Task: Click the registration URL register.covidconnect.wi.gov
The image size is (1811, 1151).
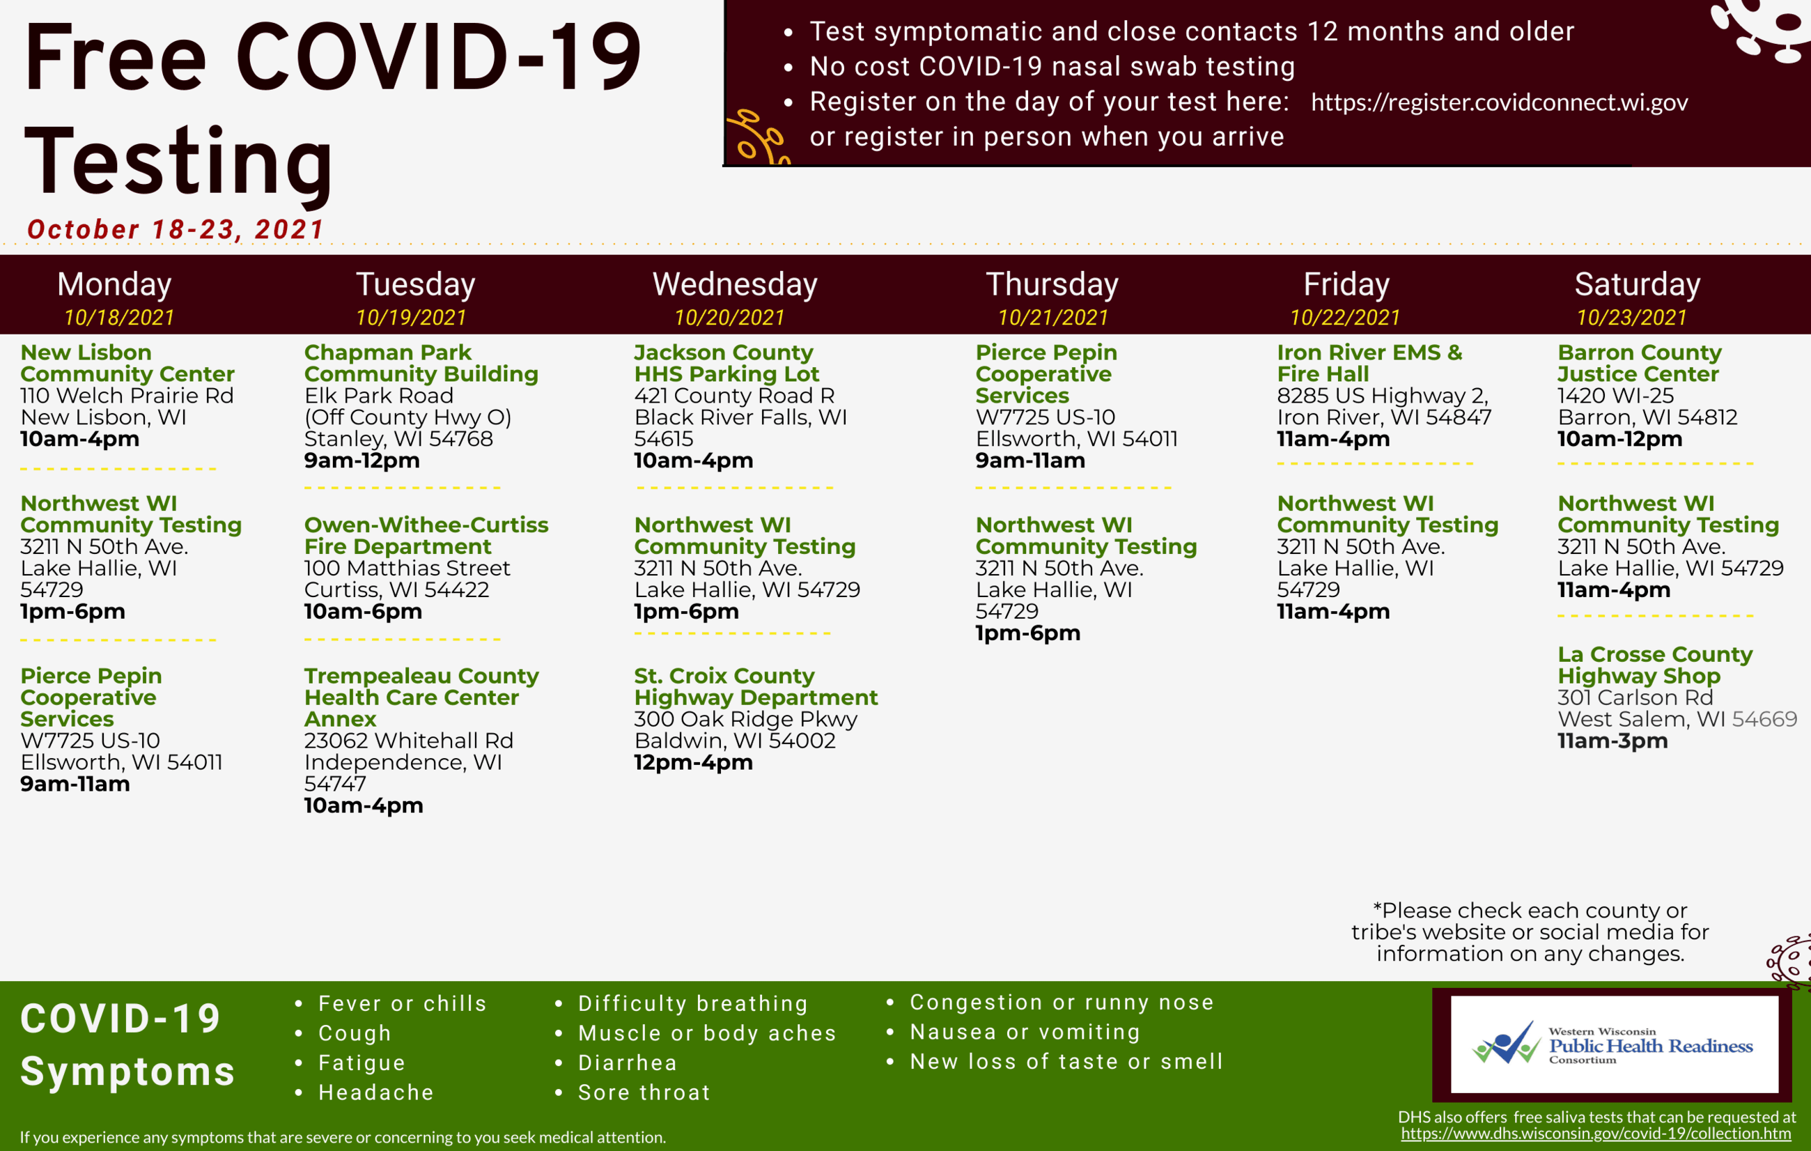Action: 1499,102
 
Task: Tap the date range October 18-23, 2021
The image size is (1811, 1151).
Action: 176,229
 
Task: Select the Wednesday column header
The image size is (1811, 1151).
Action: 735,284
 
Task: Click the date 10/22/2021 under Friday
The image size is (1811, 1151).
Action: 1345,318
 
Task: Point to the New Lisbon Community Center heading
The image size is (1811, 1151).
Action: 127,364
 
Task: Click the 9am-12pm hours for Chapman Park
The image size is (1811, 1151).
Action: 362,461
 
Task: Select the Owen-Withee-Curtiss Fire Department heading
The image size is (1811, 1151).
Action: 426,536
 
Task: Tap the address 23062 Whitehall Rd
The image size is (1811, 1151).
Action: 408,741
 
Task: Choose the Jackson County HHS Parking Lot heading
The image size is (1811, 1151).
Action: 726,364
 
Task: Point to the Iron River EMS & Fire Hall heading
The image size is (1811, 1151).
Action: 1369,364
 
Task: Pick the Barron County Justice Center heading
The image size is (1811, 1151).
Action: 1640,364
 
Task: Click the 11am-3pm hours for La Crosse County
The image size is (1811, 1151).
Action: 1612,741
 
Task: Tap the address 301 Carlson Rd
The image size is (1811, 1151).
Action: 1635,698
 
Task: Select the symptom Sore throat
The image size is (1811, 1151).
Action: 644,1092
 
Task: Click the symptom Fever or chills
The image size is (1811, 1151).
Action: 403,1003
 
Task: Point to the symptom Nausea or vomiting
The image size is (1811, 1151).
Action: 1025,1032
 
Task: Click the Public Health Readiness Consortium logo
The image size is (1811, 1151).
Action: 1614,1045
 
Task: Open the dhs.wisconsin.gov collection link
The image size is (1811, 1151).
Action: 1595,1134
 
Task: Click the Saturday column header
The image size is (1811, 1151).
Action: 1638,284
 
